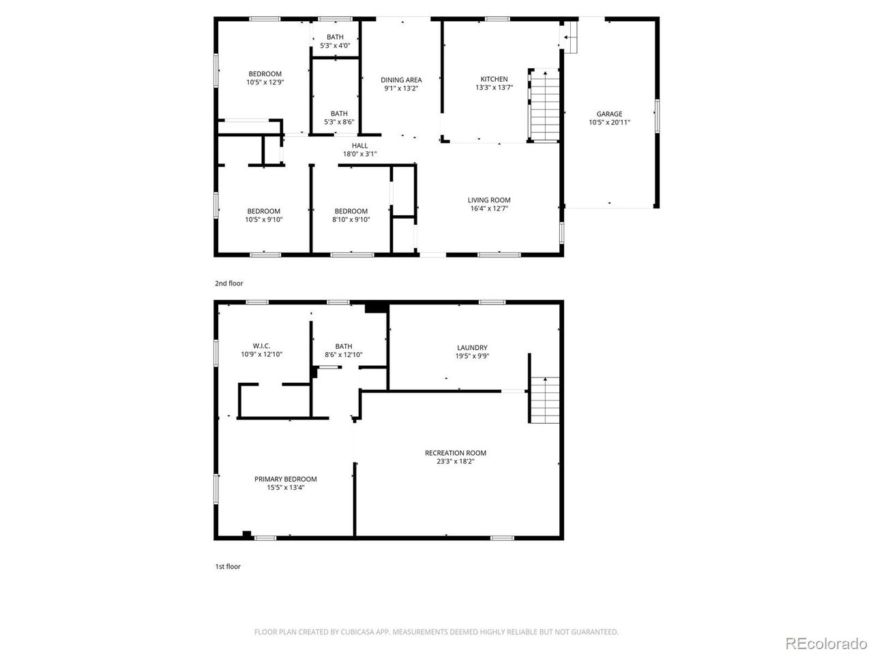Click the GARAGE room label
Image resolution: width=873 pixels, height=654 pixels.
point(609,114)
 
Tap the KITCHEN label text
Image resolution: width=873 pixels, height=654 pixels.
point(494,79)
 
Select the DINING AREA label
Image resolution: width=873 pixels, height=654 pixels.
point(400,80)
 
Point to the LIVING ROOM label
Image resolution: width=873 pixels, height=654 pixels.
point(489,200)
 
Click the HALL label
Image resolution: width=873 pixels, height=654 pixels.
point(359,146)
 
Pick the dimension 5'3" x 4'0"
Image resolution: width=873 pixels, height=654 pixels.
point(335,46)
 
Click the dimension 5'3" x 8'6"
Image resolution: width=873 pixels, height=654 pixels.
point(339,122)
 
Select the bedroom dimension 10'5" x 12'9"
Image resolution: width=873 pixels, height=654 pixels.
point(265,82)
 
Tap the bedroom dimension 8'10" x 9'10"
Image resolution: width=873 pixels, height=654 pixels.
point(351,219)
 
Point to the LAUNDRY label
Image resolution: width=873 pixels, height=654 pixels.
point(472,347)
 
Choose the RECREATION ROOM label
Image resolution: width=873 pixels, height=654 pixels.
point(455,453)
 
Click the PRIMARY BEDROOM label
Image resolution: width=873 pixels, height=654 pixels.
point(285,479)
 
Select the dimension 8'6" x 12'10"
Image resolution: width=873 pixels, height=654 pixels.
point(343,354)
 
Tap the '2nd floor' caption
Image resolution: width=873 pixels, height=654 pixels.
point(228,283)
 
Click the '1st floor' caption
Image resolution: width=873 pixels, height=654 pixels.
point(228,566)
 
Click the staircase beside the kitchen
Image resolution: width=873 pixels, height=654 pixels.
point(545,106)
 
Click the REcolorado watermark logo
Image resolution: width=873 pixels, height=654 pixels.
point(825,642)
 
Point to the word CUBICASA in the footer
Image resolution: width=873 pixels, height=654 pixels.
point(358,632)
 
